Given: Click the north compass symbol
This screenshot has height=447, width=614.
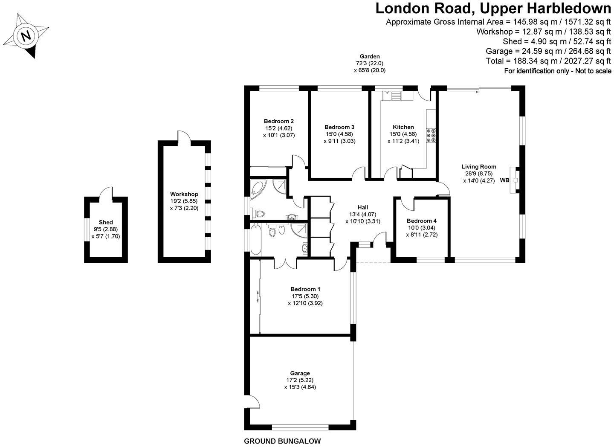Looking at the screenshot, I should (x=26, y=36).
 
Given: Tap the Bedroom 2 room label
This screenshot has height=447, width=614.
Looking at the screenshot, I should (x=279, y=121).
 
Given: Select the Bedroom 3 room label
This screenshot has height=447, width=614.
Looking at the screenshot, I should (x=339, y=127).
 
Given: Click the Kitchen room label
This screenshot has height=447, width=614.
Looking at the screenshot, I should (x=403, y=127).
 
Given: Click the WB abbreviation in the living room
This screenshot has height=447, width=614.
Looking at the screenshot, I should (x=504, y=180).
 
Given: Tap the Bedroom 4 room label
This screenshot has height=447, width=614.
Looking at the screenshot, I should (x=421, y=221).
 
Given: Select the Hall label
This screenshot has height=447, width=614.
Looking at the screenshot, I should (x=363, y=207).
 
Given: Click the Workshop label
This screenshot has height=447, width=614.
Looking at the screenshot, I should (x=184, y=194).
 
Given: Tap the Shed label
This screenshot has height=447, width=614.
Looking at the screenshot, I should (x=106, y=222).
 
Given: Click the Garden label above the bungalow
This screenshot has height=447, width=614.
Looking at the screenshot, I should (x=370, y=56).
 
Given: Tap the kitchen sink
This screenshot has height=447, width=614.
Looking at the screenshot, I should (x=391, y=96).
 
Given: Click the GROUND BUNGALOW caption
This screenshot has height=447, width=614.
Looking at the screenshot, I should (x=282, y=441).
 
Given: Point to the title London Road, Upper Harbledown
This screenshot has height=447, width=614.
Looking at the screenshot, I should (x=493, y=9).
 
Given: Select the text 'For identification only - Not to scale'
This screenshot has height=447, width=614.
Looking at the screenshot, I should (x=557, y=71).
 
